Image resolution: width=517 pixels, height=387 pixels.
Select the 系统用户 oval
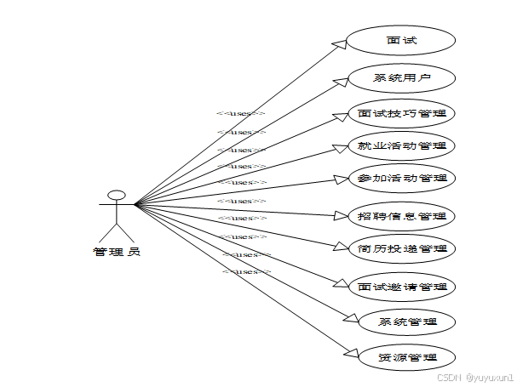[401, 78]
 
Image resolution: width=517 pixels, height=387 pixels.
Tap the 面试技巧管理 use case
[401, 113]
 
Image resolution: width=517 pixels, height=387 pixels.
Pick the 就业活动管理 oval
[401, 145]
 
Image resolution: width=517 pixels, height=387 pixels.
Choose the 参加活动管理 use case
[401, 178]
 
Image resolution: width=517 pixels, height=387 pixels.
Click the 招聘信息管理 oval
[401, 216]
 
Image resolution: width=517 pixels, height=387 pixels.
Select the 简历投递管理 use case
[401, 248]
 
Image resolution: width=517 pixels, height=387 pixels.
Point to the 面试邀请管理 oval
[401, 287]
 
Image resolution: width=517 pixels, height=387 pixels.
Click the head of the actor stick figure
[117, 195]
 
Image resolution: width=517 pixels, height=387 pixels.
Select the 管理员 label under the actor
[117, 252]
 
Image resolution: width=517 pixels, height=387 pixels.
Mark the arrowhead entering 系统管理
[351, 319]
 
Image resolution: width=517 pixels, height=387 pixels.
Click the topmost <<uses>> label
[241, 113]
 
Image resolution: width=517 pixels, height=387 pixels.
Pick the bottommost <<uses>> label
[246, 272]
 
